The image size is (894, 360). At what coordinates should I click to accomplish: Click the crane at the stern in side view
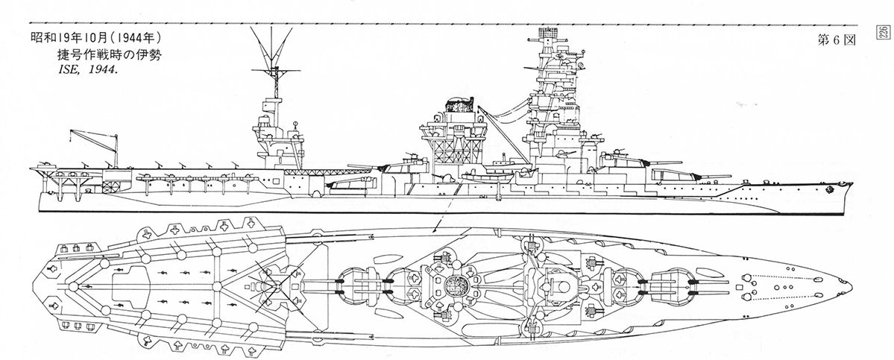click(x=94, y=148)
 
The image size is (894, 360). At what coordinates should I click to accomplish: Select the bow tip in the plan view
click(x=851, y=283)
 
